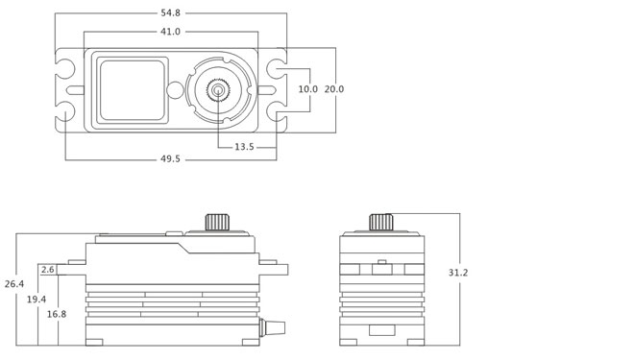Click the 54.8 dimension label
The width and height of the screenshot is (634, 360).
coord(170,12)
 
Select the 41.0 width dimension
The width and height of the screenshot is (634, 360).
coord(170,32)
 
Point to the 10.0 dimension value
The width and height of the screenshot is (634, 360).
coord(307,89)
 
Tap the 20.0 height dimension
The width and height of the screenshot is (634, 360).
coord(334,89)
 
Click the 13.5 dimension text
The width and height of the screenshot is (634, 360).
coord(244,147)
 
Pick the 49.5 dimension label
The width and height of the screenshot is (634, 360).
coord(170,158)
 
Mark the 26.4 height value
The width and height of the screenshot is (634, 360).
coord(14,284)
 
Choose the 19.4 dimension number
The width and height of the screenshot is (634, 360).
coord(37,300)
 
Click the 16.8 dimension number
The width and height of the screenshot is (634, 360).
coord(57,314)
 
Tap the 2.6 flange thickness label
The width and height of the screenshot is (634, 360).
coord(48,270)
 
